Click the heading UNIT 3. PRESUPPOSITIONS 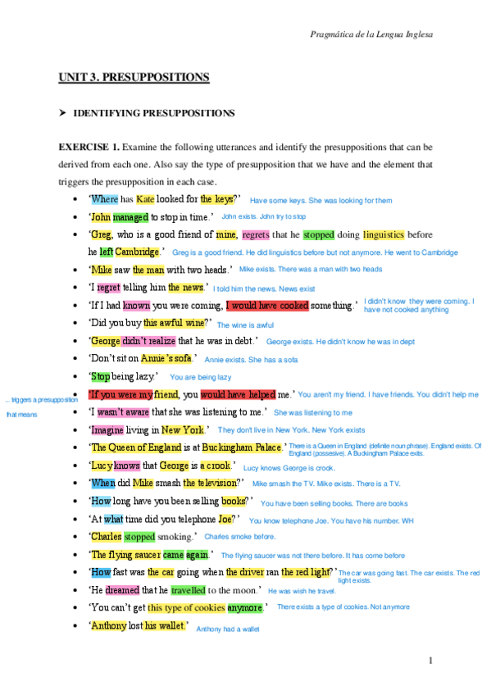tap(133, 78)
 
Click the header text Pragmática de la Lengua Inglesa tap(372, 34)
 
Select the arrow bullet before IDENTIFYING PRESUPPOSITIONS tap(61, 112)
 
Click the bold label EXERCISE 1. tap(89, 147)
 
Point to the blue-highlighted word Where tap(104, 199)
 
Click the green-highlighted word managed tap(130, 217)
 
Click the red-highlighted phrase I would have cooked tap(267, 305)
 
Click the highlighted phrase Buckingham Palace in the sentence tap(244, 447)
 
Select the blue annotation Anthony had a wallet tap(228, 629)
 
